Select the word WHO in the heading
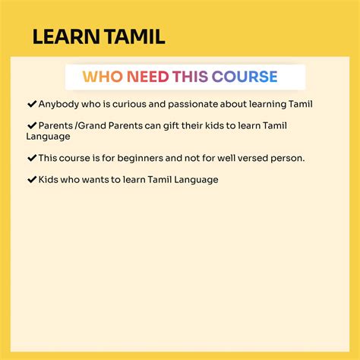point(101,77)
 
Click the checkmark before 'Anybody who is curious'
point(32,103)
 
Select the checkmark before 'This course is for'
point(32,158)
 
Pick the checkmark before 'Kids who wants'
point(32,180)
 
